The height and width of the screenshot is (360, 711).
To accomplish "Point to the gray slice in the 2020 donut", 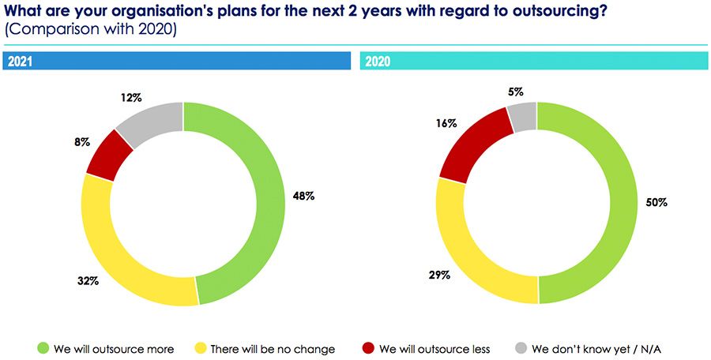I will point(522,117).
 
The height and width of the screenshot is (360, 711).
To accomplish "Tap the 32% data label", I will point(87,281).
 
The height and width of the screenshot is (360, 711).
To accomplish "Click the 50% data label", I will point(655,202).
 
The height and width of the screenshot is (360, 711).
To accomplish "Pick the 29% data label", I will point(440,275).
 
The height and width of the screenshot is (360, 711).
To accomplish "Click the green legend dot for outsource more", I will point(43,348).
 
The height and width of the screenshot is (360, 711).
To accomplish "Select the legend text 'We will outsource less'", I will point(434,348).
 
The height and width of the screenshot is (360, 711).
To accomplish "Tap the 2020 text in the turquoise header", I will point(378,61).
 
